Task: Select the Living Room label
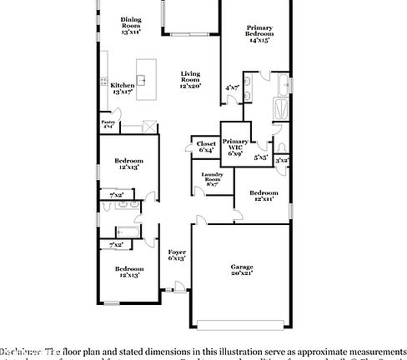click(191, 76)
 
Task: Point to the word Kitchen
click(123, 85)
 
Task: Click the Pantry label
click(108, 122)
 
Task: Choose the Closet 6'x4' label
click(206, 143)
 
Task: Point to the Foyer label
click(176, 252)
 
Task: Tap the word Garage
click(242, 267)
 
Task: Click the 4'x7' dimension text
click(232, 87)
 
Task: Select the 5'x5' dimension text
click(261, 157)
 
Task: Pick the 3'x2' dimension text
click(283, 159)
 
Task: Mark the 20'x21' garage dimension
click(242, 272)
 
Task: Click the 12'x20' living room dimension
click(191, 86)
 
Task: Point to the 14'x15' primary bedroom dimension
click(259, 40)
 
